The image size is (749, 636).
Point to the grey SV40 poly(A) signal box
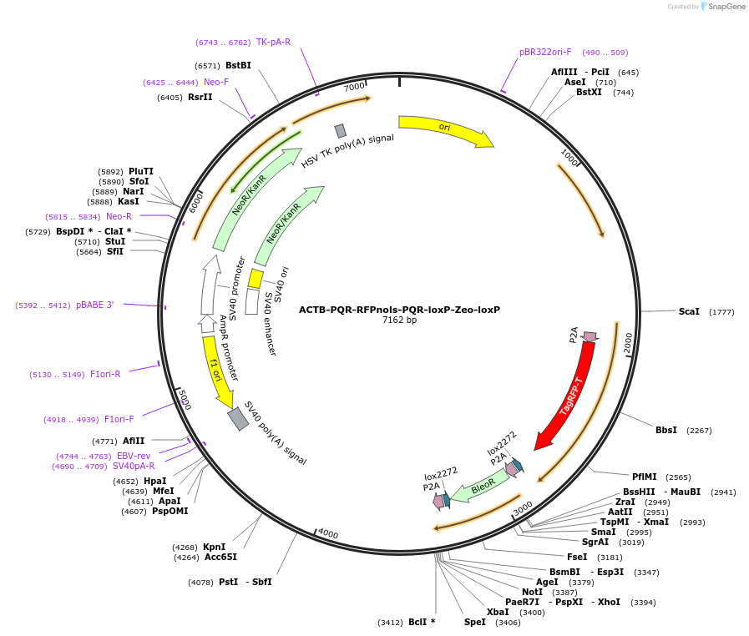click(239, 418)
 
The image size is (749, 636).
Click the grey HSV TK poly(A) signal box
click(340, 130)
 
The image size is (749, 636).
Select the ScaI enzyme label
click(689, 311)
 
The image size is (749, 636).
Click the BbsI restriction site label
click(666, 430)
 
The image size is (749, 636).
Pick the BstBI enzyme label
click(238, 65)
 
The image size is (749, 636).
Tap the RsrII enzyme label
click(200, 97)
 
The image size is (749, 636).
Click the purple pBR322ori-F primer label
click(545, 52)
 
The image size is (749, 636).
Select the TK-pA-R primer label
click(273, 42)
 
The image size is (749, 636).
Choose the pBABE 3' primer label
click(94, 305)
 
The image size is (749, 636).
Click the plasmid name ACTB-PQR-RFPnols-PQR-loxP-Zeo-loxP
click(399, 309)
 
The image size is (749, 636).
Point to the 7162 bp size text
click(399, 321)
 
